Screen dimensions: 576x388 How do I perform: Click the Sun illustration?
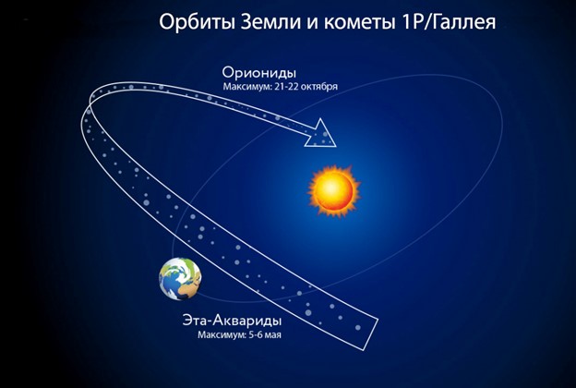[334, 190]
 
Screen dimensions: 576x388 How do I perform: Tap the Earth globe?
[180, 278]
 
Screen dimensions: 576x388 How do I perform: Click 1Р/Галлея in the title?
[446, 22]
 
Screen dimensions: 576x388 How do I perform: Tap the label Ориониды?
[259, 73]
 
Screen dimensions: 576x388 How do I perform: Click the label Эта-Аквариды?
[232, 320]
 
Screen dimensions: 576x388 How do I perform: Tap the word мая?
[273, 335]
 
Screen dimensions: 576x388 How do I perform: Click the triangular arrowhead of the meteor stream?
[320, 134]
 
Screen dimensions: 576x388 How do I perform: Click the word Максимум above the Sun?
[247, 87]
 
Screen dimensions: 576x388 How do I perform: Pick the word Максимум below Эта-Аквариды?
[222, 335]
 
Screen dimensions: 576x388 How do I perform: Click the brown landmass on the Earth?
[187, 292]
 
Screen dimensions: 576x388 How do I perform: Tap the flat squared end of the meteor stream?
[370, 333]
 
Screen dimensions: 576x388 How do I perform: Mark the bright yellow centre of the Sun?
[331, 188]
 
